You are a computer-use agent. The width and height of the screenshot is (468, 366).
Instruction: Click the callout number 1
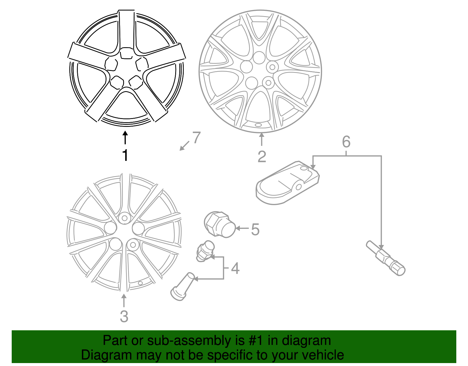click(x=125, y=155)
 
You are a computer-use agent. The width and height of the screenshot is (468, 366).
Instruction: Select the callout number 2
click(x=262, y=157)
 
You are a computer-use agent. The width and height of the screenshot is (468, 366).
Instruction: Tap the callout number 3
click(x=124, y=316)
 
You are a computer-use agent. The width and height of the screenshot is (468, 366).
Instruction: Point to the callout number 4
click(x=235, y=268)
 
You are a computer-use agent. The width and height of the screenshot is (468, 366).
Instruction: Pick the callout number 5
click(x=255, y=229)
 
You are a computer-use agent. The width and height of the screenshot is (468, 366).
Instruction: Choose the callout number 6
click(x=346, y=142)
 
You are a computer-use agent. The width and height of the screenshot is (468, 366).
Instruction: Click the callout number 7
click(x=197, y=137)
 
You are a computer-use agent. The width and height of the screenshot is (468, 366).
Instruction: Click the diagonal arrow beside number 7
click(x=184, y=146)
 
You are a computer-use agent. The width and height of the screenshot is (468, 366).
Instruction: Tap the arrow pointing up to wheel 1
click(x=125, y=138)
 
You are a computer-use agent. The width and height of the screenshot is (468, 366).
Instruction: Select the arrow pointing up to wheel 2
click(x=261, y=139)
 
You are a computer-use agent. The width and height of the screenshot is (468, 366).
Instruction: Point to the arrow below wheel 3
click(x=124, y=301)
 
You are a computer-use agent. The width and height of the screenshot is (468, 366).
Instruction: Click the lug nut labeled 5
click(x=220, y=224)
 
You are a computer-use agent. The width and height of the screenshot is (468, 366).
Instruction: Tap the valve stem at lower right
click(x=386, y=258)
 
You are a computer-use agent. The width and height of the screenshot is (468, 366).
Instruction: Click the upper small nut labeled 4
click(x=205, y=251)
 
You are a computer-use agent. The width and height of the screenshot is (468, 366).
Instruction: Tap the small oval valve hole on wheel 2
click(x=258, y=125)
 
